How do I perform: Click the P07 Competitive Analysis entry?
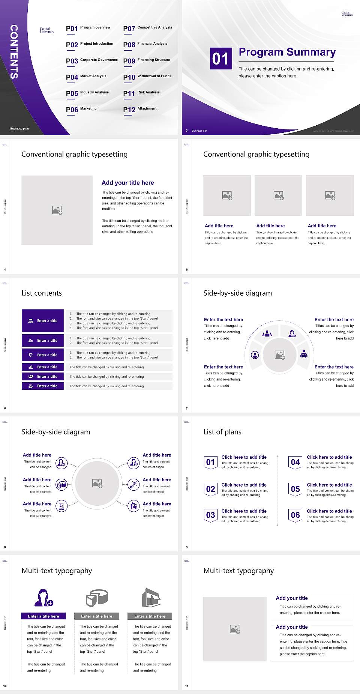point(148,28)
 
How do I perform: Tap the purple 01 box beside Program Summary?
point(220,59)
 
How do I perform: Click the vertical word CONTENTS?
point(14,52)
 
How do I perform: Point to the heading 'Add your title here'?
point(127,183)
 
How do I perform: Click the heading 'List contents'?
point(42,293)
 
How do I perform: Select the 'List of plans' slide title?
point(222,432)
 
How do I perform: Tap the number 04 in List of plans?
point(295,462)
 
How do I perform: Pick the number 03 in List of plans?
point(210,515)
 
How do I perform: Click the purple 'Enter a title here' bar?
point(43,616)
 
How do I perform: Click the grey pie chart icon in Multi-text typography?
point(97,598)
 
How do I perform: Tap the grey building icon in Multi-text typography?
point(151,598)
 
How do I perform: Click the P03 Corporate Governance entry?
point(92,60)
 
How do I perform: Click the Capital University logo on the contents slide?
point(47,30)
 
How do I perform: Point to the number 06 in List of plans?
point(295,515)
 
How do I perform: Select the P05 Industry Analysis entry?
point(87,93)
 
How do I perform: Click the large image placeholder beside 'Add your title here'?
point(57,210)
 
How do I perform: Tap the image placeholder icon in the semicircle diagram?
point(280,355)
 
